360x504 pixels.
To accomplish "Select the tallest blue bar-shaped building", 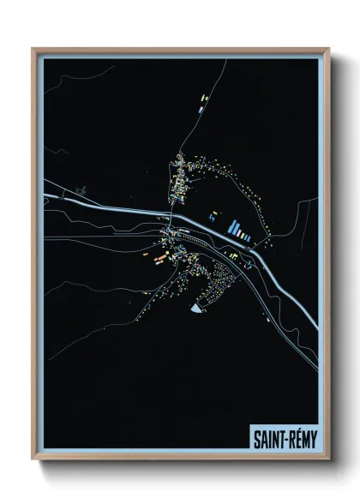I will [231, 228].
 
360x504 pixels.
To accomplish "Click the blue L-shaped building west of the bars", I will [213, 217].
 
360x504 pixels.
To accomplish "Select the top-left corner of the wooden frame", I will [33, 49].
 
